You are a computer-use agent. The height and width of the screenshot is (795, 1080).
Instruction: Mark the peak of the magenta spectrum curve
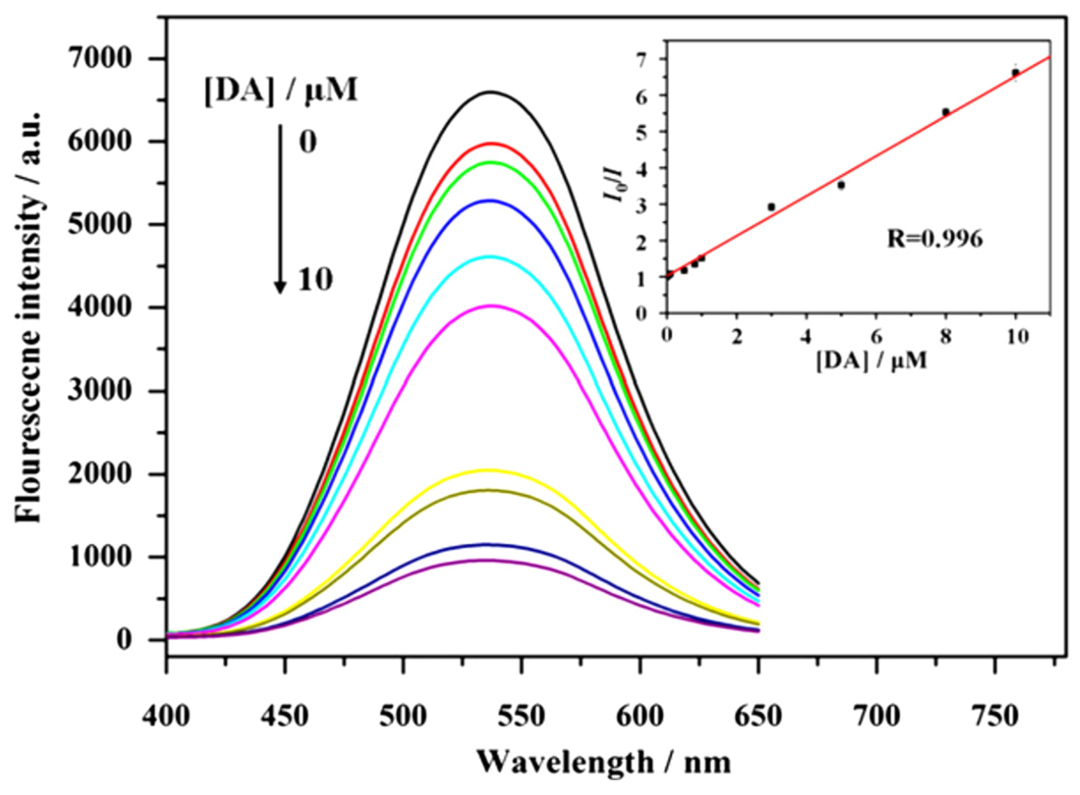(490, 306)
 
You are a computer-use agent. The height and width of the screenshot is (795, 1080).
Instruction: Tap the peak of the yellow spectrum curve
(489, 470)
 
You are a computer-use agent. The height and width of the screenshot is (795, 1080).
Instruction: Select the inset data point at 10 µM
(1015, 73)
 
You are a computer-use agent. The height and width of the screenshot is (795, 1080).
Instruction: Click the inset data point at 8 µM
(946, 112)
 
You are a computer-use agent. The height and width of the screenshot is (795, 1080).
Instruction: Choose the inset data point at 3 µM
(772, 207)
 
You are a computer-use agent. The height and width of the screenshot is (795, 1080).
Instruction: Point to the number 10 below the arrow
(315, 280)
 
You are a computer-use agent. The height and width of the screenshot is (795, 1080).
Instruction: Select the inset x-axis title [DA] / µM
(871, 361)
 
